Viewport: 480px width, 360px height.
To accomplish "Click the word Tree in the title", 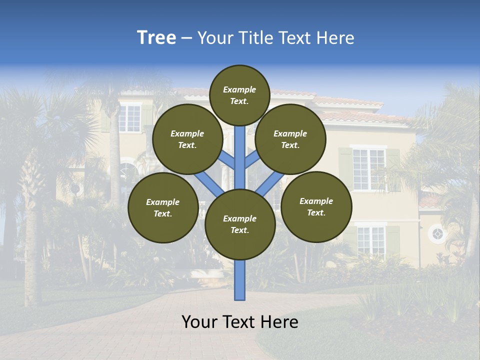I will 156,38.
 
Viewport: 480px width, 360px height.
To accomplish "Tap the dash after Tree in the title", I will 186,38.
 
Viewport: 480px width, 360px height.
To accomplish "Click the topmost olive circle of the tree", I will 239,95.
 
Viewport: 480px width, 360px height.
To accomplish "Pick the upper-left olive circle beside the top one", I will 187,139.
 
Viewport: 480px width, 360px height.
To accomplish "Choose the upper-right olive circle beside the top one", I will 290,139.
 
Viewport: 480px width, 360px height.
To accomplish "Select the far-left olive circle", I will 163,207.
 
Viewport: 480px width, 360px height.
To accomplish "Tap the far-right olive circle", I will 316,206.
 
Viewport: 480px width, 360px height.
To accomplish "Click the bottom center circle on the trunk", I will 240,224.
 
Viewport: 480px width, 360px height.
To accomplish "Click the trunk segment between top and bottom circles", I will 240,157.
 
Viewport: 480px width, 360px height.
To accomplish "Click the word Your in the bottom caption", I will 199,322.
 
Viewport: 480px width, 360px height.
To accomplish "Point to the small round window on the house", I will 437,234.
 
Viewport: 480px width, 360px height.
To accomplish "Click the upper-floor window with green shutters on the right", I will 368,169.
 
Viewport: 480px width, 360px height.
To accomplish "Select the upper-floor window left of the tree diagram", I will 130,117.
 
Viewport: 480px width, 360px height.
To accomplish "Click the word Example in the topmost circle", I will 239,89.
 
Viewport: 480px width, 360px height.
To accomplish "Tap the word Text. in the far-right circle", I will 316,212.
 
